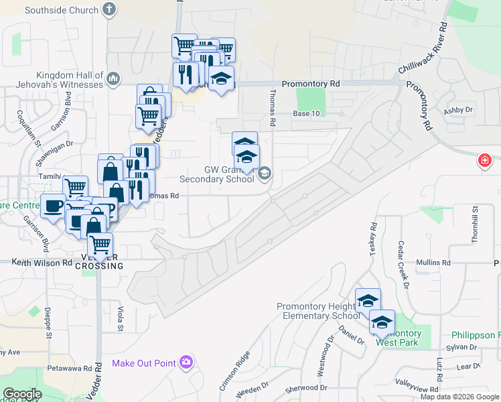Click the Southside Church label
click(62, 10)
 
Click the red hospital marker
click(484, 161)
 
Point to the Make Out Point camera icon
click(186, 362)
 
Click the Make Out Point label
click(143, 363)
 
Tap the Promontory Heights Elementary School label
click(318, 311)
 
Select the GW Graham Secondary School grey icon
click(265, 174)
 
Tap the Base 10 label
click(306, 114)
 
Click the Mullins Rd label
click(431, 263)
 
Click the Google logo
click(21, 394)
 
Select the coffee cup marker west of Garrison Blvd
click(53, 206)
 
